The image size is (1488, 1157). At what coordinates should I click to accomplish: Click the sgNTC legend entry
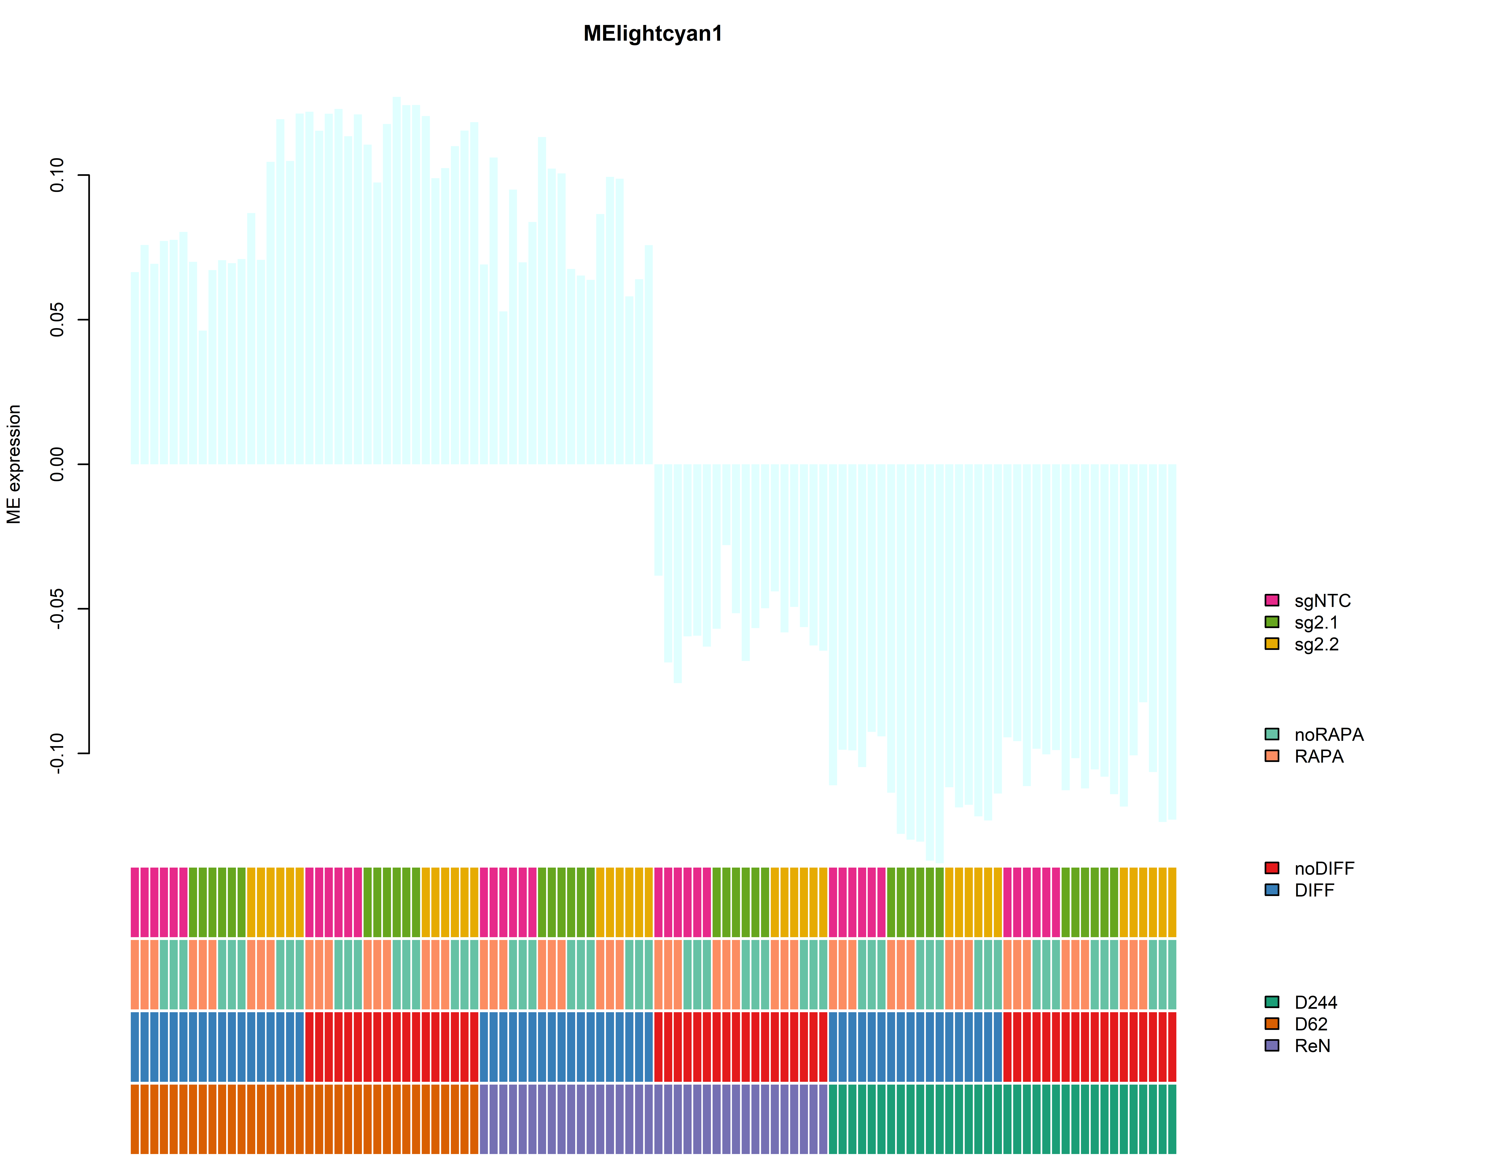pyautogui.click(x=1322, y=601)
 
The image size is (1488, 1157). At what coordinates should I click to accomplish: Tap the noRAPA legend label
pyautogui.click(x=1329, y=735)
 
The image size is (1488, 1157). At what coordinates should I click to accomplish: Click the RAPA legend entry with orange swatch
pyautogui.click(x=1318, y=757)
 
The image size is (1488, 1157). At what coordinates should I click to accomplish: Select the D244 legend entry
pyautogui.click(x=1315, y=1002)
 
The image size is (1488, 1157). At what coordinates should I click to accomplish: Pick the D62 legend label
pyautogui.click(x=1310, y=1024)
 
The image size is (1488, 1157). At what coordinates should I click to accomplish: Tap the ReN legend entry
pyautogui.click(x=1312, y=1046)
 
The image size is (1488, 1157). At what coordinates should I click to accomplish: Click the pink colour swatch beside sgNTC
pyautogui.click(x=1271, y=600)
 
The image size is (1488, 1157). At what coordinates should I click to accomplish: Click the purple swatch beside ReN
pyautogui.click(x=1271, y=1045)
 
